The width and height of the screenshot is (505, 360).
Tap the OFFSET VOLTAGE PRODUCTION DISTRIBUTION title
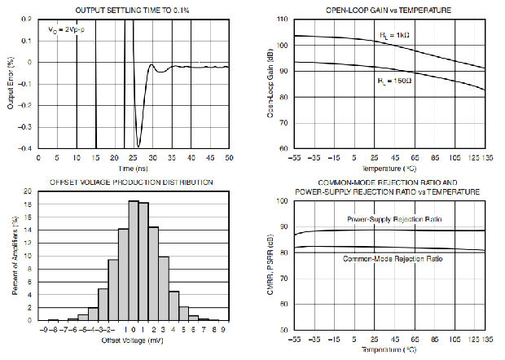point(133,182)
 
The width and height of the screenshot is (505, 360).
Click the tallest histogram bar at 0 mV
point(134,261)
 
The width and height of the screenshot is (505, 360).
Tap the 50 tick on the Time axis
point(230,158)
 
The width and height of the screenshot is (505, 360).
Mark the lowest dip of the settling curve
point(138,147)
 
